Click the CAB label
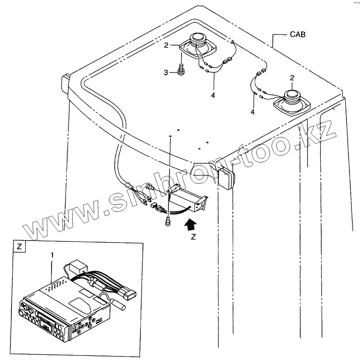[x=298, y=35]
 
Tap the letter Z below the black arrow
[x=193, y=237]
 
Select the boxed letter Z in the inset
[x=18, y=246]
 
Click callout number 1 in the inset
[x=52, y=254]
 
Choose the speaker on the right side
[x=292, y=101]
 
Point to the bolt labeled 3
[x=181, y=70]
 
